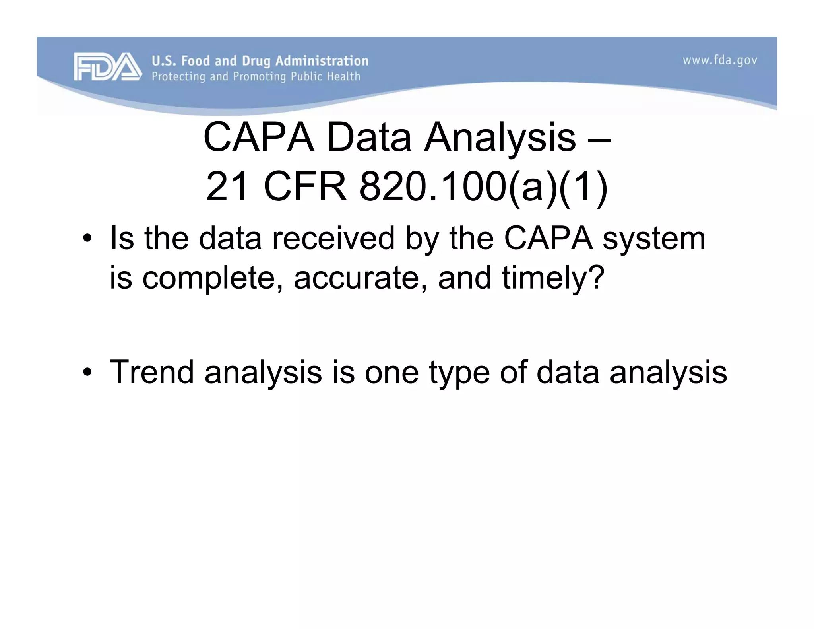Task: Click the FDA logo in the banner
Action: (x=107, y=67)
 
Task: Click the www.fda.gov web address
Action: (x=720, y=60)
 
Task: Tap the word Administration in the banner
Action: (x=322, y=61)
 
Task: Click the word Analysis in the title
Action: (x=500, y=138)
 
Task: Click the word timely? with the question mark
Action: (x=553, y=278)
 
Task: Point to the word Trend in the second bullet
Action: (x=151, y=372)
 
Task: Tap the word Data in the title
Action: (x=368, y=138)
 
